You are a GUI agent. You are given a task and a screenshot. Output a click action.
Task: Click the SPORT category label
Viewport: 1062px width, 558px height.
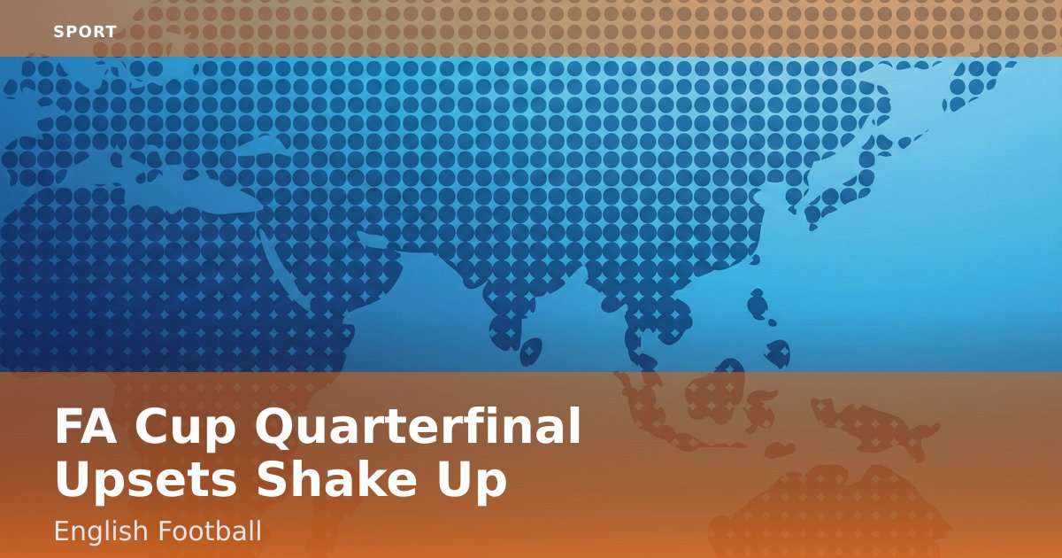pyautogui.click(x=85, y=32)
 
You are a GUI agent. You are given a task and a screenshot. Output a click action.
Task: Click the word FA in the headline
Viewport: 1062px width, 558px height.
pyautogui.click(x=85, y=425)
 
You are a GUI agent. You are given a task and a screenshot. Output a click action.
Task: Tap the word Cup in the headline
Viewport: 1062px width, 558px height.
pyautogui.click(x=186, y=430)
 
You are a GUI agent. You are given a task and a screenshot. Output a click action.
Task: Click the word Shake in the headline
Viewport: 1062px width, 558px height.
pyautogui.click(x=336, y=477)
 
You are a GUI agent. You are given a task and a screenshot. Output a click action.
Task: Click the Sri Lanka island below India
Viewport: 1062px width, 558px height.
pyautogui.click(x=531, y=352)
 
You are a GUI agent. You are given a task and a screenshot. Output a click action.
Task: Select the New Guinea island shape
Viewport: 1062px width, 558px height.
pyautogui.click(x=873, y=427)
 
